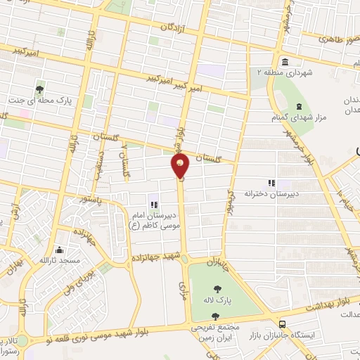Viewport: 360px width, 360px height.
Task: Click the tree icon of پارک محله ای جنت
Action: [x=40, y=89]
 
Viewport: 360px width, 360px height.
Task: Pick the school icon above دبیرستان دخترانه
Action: [x=272, y=182]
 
